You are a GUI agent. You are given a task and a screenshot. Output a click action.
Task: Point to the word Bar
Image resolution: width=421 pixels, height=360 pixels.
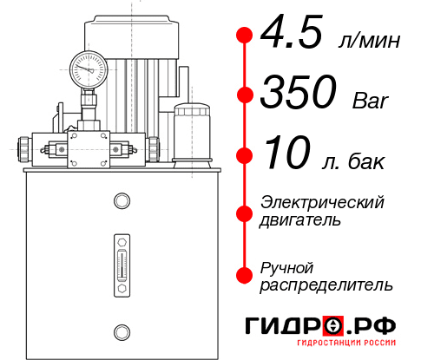[371, 101]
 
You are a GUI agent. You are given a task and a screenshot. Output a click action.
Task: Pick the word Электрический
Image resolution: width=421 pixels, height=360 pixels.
[322, 202]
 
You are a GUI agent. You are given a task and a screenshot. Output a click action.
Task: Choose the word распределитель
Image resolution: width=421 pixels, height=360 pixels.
[326, 284]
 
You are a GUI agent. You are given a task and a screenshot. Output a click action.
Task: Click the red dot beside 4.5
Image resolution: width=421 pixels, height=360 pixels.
[244, 36]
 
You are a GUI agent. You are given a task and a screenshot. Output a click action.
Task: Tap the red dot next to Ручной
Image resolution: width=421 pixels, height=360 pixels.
[244, 274]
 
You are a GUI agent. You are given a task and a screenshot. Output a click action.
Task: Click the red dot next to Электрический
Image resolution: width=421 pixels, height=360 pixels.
[244, 212]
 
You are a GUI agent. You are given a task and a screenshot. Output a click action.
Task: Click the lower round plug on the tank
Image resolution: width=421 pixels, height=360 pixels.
[122, 331]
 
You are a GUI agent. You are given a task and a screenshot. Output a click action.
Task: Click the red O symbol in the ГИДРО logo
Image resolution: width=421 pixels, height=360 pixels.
[333, 326]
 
